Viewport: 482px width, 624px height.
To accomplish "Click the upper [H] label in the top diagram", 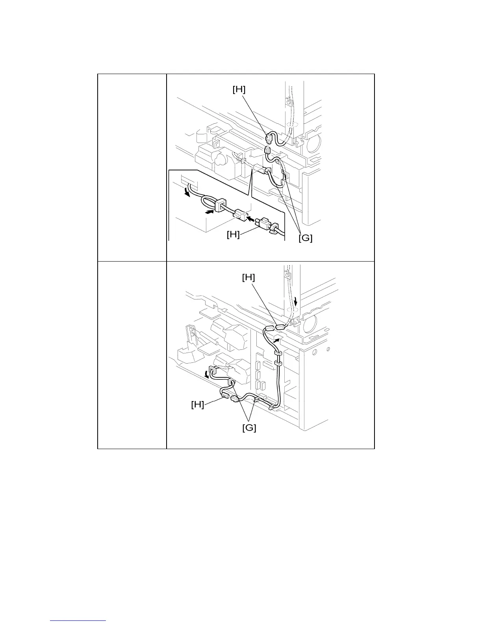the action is point(239,90).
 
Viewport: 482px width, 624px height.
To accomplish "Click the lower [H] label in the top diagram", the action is point(233,234).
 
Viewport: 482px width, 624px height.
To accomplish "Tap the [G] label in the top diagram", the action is point(305,238).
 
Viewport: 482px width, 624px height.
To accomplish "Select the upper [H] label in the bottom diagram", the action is point(248,278).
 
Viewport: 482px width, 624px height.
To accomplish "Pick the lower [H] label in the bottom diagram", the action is point(197,404).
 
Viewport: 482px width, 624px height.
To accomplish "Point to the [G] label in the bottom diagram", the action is point(249,427).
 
